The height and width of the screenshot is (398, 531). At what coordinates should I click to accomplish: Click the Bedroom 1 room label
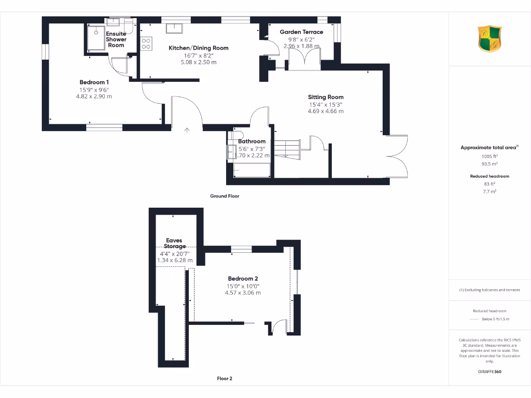94,82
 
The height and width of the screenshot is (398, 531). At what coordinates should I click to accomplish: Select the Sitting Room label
326,97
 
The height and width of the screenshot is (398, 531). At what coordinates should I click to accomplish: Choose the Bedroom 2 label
243,278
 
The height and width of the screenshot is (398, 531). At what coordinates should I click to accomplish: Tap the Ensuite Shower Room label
116,39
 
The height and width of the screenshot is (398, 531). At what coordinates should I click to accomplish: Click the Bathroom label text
252,141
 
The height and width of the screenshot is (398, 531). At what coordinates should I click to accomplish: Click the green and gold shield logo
489,38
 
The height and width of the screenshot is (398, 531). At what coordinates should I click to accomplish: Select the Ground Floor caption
225,196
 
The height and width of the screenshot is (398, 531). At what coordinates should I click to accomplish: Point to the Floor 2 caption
225,378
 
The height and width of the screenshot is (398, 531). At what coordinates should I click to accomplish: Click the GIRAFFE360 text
489,372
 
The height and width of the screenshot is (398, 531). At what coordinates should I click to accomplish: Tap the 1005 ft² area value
489,155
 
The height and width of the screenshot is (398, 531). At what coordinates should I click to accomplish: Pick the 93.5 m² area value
489,163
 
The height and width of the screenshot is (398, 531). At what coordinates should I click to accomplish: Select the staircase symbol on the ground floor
287,149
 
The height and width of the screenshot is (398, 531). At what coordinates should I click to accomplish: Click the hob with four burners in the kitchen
146,44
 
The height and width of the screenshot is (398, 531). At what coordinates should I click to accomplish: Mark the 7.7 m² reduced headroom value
489,191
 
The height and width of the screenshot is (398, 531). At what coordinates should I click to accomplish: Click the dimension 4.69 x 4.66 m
326,111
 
